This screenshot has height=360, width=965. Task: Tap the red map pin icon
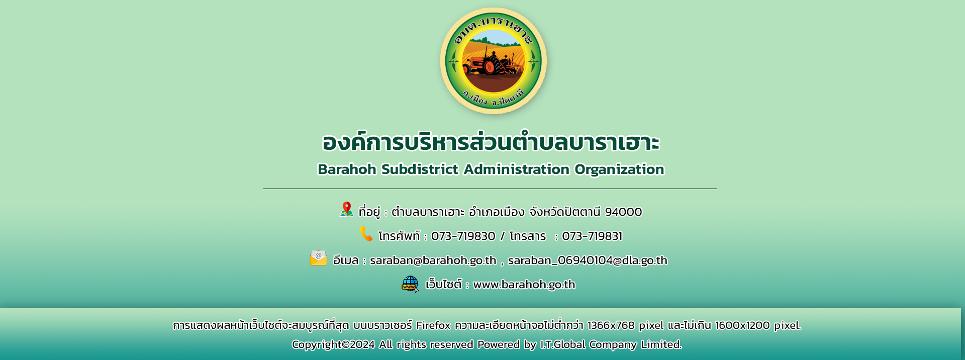click(346, 209)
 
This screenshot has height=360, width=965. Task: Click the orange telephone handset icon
click(366, 234)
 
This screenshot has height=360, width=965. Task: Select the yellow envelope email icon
click(318, 258)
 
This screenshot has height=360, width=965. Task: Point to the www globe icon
click(410, 284)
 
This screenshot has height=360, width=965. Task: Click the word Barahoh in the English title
click(347, 169)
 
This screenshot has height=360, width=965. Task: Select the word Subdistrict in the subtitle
click(420, 169)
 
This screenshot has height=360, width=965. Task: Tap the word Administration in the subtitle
click(516, 169)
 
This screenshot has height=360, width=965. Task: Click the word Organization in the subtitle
click(619, 170)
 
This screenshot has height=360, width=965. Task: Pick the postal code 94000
click(623, 212)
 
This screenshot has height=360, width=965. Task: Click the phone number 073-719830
click(463, 236)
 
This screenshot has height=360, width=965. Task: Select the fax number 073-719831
click(592, 236)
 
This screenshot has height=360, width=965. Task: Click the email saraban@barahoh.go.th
click(433, 260)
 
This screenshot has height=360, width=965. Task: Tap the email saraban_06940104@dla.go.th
click(588, 260)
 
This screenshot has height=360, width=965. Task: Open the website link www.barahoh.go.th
click(524, 285)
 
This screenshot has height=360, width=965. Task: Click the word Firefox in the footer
click(433, 325)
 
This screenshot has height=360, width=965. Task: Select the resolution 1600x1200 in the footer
click(742, 325)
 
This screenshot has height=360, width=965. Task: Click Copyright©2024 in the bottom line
click(333, 344)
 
